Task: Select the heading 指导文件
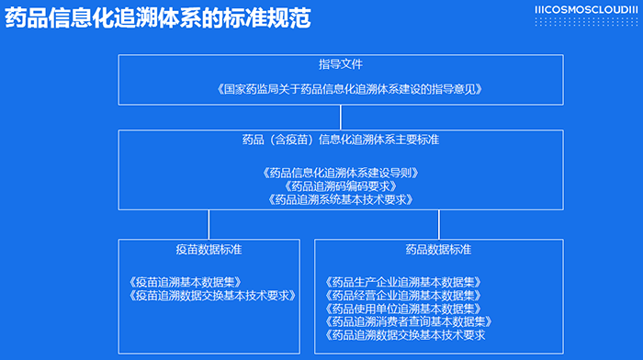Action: click(341, 65)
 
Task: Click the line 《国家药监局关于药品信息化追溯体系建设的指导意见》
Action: click(341, 90)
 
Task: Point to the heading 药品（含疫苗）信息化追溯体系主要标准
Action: click(341, 141)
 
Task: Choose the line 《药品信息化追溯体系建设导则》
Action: click(341, 172)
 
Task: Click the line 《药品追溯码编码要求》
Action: click(341, 186)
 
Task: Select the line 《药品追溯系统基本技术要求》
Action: click(341, 199)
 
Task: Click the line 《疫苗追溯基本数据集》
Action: click(186, 282)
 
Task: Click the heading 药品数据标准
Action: click(438, 250)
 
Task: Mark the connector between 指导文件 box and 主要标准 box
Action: click(341, 117)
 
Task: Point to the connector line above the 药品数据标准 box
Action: click(438, 224)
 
